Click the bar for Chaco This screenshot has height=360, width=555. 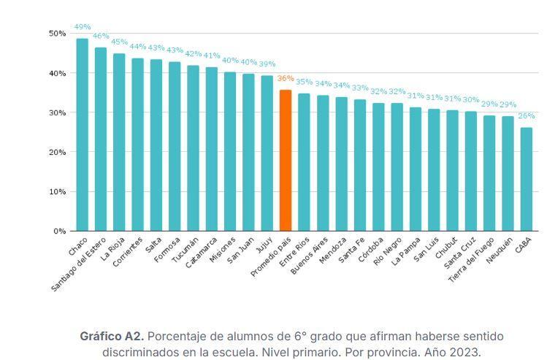coord(82,135)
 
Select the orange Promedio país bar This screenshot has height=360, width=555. coord(286,161)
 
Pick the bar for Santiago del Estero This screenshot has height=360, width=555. coord(101,139)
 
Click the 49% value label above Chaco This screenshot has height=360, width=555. coord(82,27)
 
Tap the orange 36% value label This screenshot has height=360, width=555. coord(286,79)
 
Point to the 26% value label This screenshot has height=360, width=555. coord(526,115)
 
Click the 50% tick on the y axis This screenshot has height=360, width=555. coord(57,34)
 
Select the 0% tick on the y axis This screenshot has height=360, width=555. coord(60,231)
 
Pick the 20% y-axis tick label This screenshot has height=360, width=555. coord(57,152)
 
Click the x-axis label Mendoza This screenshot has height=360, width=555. coord(332,248)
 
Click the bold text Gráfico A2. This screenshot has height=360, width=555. coord(111,336)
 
